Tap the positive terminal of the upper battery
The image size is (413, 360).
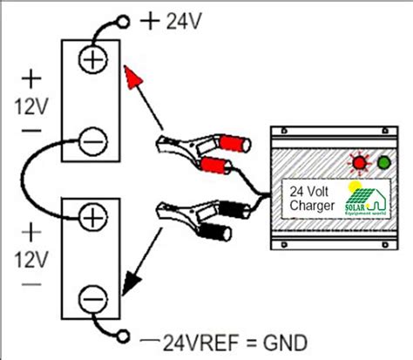(x=93, y=58)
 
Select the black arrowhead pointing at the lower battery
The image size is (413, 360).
(x=130, y=281)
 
